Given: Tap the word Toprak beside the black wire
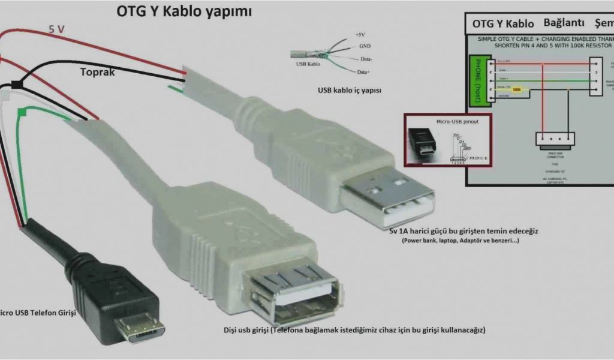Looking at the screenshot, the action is pos(98,72).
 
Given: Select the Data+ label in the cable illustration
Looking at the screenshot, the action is pos(363,72).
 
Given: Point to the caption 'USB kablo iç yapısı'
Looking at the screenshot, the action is pos(350,91).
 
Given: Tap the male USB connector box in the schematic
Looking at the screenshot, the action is pos(555,139).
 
